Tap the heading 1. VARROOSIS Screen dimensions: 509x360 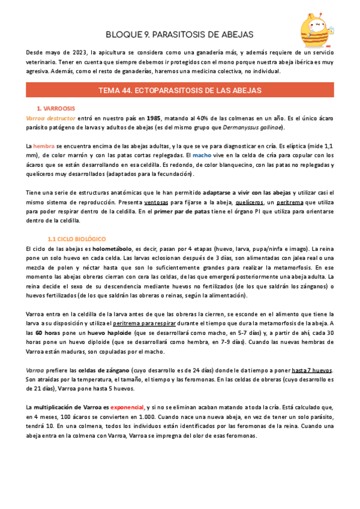coord(56,109)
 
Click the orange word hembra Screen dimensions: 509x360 coord(44,146)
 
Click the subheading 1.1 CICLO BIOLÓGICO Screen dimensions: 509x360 coord(76,239)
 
